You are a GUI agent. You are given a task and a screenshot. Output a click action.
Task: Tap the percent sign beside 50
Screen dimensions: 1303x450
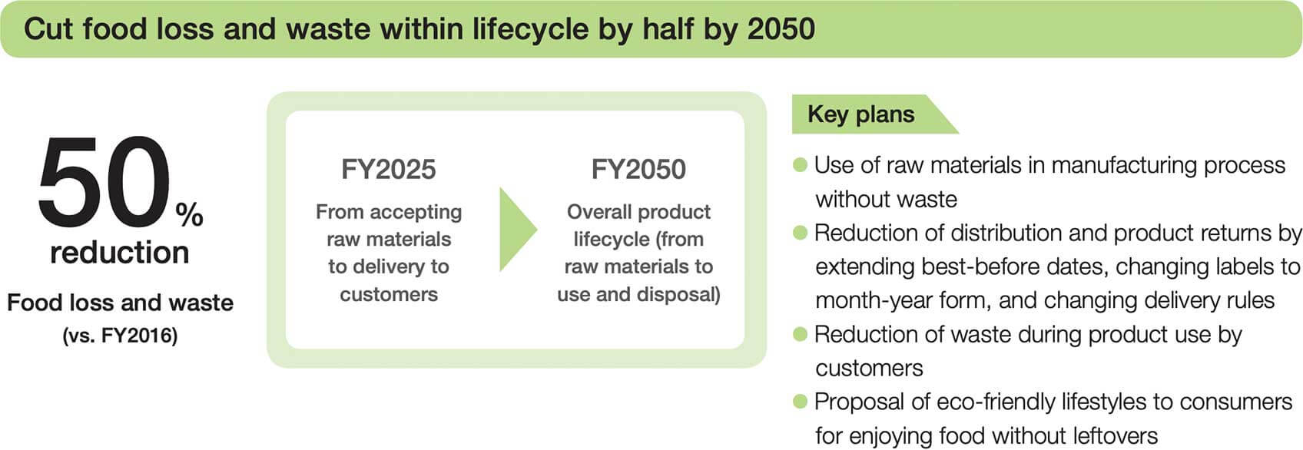coord(190,214)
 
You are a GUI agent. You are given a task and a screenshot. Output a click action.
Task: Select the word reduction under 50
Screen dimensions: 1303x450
coord(120,253)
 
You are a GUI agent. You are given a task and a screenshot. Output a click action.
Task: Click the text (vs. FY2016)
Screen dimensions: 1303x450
coord(120,336)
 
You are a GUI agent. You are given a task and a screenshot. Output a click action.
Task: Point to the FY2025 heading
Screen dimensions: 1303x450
coord(389,169)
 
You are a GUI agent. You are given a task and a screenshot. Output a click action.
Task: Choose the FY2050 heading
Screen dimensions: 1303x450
coord(638,169)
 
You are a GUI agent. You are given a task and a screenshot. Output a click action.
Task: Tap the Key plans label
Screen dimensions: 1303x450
coord(861,114)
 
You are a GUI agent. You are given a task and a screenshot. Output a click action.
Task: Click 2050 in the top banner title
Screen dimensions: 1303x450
coord(781,29)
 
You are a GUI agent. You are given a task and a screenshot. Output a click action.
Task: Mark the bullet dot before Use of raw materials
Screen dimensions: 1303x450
coord(801,165)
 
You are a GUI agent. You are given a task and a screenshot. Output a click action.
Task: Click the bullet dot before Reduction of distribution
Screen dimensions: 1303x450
coord(801,233)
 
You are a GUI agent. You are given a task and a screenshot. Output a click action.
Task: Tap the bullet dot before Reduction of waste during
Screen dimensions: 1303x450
coord(801,334)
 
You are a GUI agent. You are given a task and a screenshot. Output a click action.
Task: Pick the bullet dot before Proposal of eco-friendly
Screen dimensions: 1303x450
coord(801,402)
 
